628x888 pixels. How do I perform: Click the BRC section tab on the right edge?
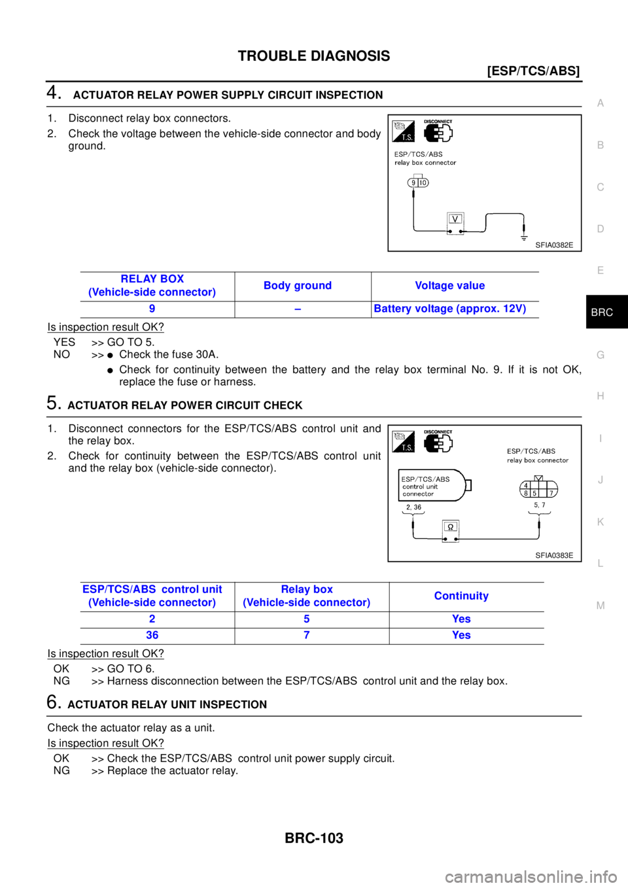pyautogui.click(x=601, y=313)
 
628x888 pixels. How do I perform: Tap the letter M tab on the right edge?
pyautogui.click(x=601, y=606)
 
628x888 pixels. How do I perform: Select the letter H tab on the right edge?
pyautogui.click(x=601, y=396)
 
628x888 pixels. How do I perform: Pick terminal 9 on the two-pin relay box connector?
pyautogui.click(x=413, y=183)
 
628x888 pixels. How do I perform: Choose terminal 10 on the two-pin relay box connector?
pyautogui.click(x=423, y=183)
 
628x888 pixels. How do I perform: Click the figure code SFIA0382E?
pyautogui.click(x=553, y=245)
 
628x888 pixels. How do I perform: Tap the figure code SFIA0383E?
pyautogui.click(x=553, y=555)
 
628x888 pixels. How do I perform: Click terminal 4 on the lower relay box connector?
pyautogui.click(x=526, y=485)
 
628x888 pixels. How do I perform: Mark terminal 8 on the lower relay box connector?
pyautogui.click(x=526, y=493)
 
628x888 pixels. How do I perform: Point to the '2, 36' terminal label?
pyautogui.click(x=413, y=507)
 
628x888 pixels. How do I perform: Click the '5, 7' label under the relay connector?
pyautogui.click(x=539, y=505)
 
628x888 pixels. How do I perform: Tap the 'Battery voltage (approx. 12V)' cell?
pyautogui.click(x=449, y=309)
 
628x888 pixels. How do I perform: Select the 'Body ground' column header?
pyautogui.click(x=298, y=285)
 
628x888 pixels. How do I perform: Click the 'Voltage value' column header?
pyautogui.click(x=449, y=285)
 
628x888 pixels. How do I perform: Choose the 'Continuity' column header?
pyautogui.click(x=461, y=596)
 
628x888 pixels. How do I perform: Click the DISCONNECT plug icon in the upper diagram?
pyautogui.click(x=438, y=131)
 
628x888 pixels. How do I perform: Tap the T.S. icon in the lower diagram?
pyautogui.click(x=404, y=442)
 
